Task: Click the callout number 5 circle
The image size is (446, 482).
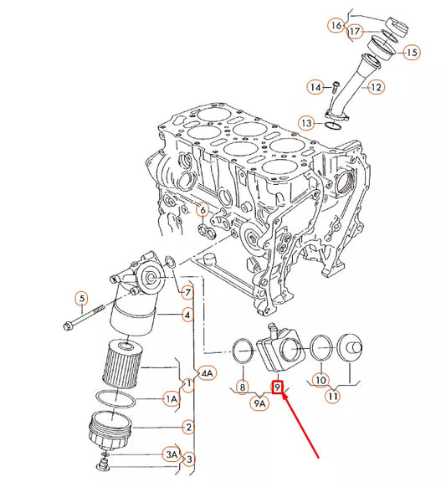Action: coord(81,298)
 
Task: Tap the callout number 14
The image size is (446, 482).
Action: coord(315,86)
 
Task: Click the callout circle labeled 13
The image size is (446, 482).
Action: coord(307,123)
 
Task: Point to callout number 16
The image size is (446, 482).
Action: coord(336,26)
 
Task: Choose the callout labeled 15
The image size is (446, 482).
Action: coord(412,52)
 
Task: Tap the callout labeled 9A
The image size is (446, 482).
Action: coord(260,403)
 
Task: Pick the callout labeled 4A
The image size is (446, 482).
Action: coord(206,372)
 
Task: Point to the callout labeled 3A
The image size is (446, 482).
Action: coord(172,454)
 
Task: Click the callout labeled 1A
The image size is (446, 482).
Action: coord(171,400)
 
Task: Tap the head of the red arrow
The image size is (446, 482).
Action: coord(286,397)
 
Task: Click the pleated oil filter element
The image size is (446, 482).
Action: coord(125,363)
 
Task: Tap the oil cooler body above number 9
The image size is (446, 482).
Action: coord(279,351)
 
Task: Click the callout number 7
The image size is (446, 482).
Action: coord(188,292)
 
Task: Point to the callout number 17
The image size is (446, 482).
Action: coord(355,32)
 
